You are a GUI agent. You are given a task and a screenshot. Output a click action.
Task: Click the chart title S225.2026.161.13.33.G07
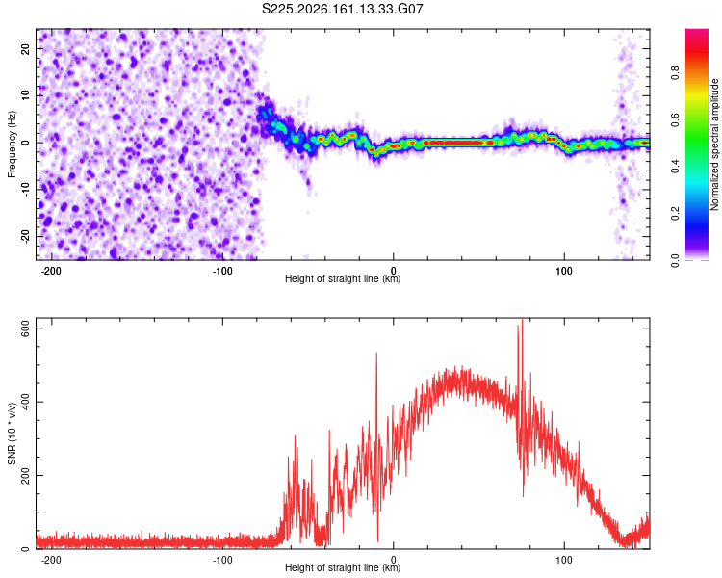tap(342, 9)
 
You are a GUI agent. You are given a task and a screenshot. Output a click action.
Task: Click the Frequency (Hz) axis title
tap(12, 144)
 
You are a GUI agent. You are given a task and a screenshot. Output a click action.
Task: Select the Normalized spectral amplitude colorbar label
tap(714, 144)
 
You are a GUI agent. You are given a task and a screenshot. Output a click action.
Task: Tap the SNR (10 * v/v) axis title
tap(12, 433)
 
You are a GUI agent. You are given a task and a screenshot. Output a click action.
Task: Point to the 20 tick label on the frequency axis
tap(26, 48)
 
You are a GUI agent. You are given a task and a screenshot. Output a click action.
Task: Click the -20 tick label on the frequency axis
tap(26, 236)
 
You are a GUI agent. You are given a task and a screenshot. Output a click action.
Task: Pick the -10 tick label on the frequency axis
tap(26, 190)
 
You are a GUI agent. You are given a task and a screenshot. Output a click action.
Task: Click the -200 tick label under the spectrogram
tap(51, 271)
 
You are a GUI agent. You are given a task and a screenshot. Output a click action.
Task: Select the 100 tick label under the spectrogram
tap(563, 271)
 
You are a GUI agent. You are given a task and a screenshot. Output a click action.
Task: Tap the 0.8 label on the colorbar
tap(675, 73)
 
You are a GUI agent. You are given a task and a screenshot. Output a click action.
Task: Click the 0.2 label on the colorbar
tap(675, 214)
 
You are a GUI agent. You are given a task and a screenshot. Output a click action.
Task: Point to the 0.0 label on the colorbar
tap(675, 260)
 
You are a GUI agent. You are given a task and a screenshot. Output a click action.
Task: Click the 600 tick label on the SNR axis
tap(26, 328)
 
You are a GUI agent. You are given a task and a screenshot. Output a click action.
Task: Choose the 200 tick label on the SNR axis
tap(26, 475)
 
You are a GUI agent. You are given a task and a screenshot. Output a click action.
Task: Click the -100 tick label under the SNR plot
tap(222, 560)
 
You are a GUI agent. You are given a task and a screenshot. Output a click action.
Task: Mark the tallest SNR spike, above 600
tap(522, 322)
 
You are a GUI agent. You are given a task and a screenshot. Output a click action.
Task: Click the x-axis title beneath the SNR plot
tap(343, 567)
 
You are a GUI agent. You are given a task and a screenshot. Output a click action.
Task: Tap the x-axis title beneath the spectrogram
tap(343, 278)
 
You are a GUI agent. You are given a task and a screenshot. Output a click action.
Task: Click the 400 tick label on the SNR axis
tap(26, 402)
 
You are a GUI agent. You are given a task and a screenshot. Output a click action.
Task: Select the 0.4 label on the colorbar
tap(675, 167)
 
